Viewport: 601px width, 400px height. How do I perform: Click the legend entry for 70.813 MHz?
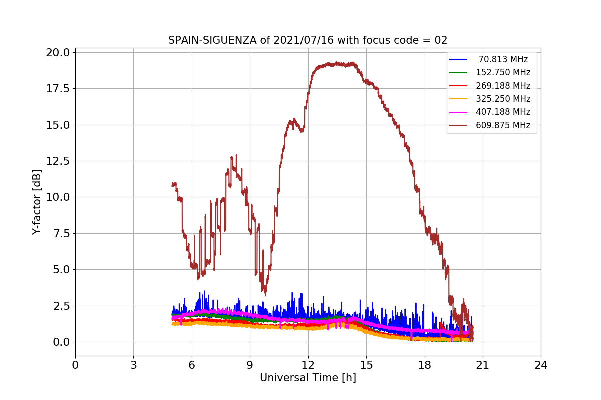coord(503,59)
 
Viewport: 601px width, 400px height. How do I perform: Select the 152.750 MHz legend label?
coord(503,72)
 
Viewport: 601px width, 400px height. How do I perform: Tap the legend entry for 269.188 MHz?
coord(503,86)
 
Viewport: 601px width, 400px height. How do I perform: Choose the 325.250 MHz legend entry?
coord(503,99)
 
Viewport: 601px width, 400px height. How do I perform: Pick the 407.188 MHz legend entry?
coord(503,112)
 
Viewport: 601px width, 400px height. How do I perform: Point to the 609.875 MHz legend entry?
coord(503,125)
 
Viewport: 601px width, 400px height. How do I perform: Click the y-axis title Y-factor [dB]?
coord(37,202)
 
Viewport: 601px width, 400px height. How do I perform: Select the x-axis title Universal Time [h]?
coord(308,378)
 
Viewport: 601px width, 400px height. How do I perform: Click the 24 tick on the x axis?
coord(541,365)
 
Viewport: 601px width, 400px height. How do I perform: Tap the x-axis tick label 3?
coord(133,365)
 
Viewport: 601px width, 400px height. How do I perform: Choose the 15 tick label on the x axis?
coord(366,365)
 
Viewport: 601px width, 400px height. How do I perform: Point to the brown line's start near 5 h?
coord(173,184)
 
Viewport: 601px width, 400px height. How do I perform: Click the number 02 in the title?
coord(441,40)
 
